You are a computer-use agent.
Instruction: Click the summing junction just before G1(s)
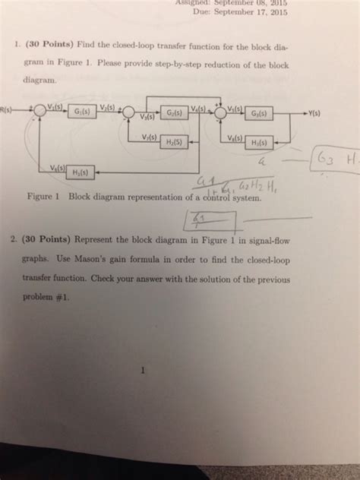(39, 111)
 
